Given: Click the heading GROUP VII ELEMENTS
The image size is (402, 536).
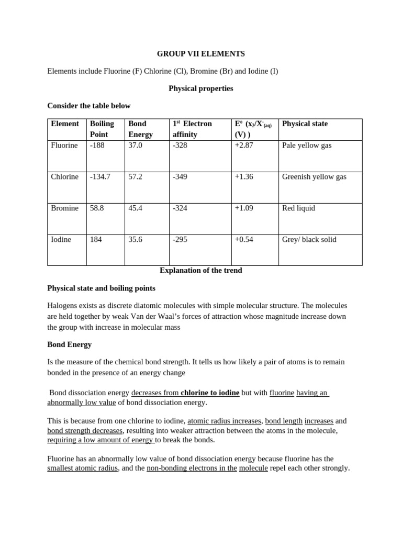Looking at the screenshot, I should coord(201,54).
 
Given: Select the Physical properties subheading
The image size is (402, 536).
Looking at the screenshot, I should coord(200,88).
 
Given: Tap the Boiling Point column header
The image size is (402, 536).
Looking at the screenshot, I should coord(102,129).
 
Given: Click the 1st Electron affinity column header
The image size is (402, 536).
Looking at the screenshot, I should coord(192,129).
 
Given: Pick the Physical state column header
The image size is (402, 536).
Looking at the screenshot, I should coord(305,124).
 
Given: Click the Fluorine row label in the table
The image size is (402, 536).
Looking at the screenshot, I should coord(64,146).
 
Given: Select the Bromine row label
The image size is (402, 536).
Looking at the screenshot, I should coord(64,208).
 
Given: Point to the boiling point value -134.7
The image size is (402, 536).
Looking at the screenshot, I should coord(100,177).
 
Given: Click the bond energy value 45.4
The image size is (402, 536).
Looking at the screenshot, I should coord(135,208).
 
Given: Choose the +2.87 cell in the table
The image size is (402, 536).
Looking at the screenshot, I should coord(244,146).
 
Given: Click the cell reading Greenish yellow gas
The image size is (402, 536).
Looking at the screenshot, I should coord(314,177).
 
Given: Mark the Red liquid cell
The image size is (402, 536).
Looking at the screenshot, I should coord(298,208).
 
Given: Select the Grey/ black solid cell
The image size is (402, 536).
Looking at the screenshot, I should coord(309,240).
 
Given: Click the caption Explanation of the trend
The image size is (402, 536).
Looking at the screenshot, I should coord(200,271).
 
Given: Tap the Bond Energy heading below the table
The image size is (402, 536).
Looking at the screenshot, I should coord(69,344).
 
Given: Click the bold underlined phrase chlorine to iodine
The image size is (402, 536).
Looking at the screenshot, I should coord(210,393).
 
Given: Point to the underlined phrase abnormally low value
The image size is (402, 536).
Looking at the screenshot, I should coord(81,403).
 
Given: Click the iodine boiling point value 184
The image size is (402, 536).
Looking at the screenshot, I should coord(96,240).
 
